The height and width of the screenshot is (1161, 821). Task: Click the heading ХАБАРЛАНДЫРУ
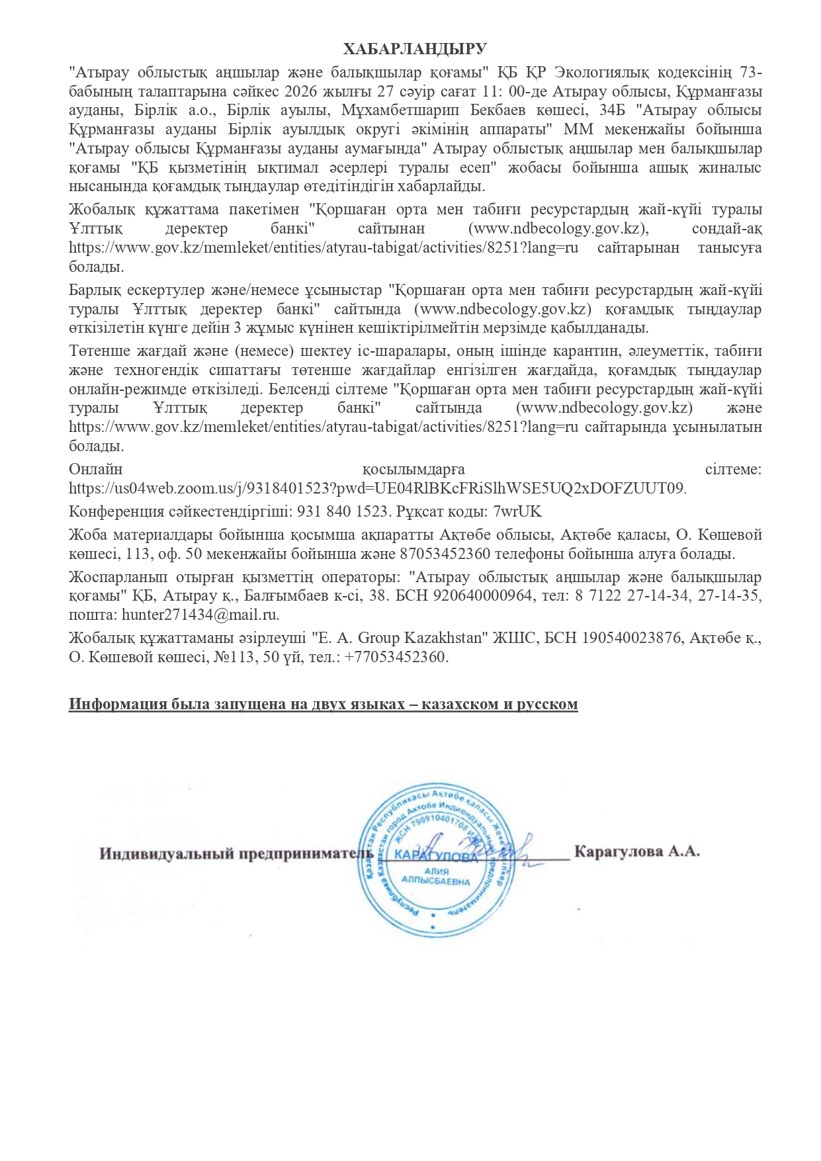tap(415, 49)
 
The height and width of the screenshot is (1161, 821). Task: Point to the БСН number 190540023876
tap(629, 638)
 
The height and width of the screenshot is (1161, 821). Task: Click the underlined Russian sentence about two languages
tap(323, 704)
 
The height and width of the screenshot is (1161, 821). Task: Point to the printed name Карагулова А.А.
tap(636, 851)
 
